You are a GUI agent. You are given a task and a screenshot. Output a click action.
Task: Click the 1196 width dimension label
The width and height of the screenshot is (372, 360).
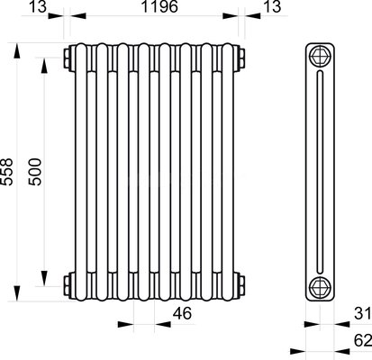coord(159,6)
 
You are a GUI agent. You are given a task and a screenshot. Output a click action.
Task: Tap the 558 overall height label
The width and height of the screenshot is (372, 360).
coord(6,172)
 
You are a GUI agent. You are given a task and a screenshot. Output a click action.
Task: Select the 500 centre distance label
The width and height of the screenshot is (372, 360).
coord(34,172)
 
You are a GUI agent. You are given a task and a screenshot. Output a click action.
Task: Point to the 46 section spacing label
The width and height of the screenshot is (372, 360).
coord(182,313)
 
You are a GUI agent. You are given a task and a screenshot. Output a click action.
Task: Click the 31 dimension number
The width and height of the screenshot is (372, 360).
coord(363,313)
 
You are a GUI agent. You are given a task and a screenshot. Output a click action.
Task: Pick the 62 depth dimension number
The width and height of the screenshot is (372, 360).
coord(363,340)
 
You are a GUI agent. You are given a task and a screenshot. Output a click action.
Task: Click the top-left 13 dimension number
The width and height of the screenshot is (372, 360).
coord(38,6)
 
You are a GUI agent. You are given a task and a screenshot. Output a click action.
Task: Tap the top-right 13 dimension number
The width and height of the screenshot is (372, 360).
coord(272,6)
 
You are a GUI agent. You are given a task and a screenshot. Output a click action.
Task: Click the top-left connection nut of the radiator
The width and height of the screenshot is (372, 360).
coord(67,58)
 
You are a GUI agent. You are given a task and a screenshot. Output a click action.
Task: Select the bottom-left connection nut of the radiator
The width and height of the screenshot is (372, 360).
coord(67,286)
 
